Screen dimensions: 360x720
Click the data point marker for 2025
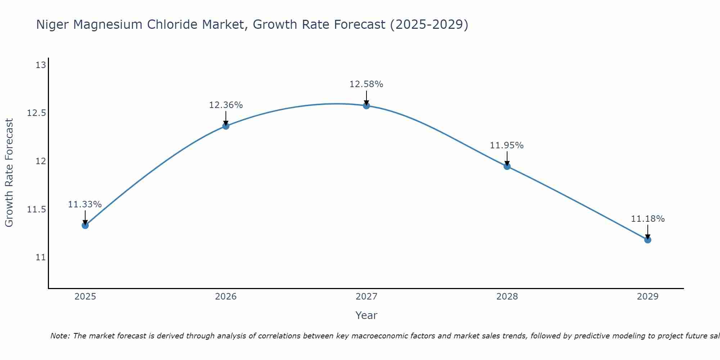tap(85, 225)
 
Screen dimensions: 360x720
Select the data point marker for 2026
tap(226, 126)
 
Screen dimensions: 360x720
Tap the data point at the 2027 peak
tap(366, 105)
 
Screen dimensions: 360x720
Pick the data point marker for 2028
tap(507, 166)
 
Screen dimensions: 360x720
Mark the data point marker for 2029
tap(648, 240)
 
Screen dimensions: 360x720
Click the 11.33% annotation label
tap(85, 204)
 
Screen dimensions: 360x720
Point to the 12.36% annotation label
tap(226, 105)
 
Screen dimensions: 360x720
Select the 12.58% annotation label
tap(366, 84)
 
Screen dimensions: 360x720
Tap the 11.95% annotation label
tap(507, 145)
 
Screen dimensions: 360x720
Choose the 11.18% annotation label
tap(648, 219)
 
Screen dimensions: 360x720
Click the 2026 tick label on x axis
tap(226, 297)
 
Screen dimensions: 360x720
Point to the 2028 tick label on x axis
tap(507, 297)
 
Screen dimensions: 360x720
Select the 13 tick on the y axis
tap(41, 65)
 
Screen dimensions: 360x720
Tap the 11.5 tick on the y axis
tap(37, 210)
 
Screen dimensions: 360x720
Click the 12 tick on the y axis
tap(41, 161)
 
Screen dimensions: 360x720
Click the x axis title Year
tap(366, 315)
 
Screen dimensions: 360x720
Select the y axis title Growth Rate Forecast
tap(9, 173)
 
